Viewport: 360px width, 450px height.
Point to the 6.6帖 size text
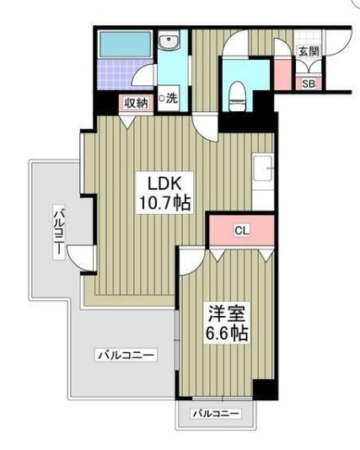[x=227, y=334]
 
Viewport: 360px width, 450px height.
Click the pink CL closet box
[x=241, y=228]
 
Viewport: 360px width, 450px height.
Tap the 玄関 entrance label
[x=308, y=51]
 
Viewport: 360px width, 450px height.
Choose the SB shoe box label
[x=308, y=83]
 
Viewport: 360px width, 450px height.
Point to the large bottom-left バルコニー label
[x=125, y=356]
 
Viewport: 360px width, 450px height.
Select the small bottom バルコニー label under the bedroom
[x=216, y=414]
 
